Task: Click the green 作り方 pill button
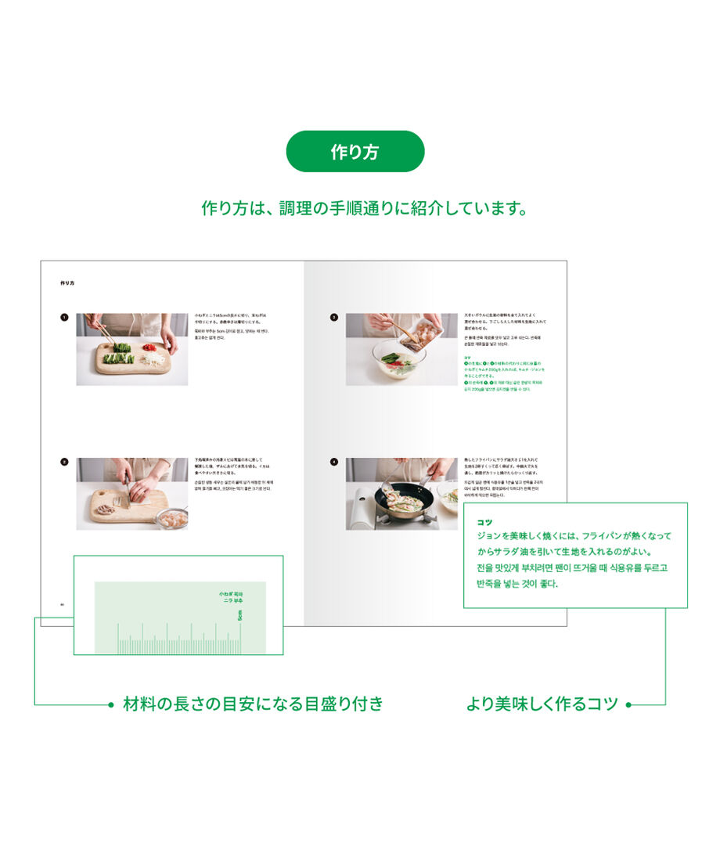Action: click(355, 151)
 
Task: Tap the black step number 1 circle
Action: click(64, 318)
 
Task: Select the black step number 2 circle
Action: click(64, 462)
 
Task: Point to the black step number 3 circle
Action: click(334, 318)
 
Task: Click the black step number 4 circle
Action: click(334, 462)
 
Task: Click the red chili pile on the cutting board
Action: click(149, 347)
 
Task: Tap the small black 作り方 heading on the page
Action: click(67, 283)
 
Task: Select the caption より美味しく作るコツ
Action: click(542, 704)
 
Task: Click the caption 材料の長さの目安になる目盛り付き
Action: click(254, 704)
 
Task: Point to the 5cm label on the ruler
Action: click(240, 615)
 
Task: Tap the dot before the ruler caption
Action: click(110, 704)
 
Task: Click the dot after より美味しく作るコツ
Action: click(628, 704)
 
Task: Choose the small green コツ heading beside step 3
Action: click(467, 357)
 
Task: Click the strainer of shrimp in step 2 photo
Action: click(174, 519)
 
